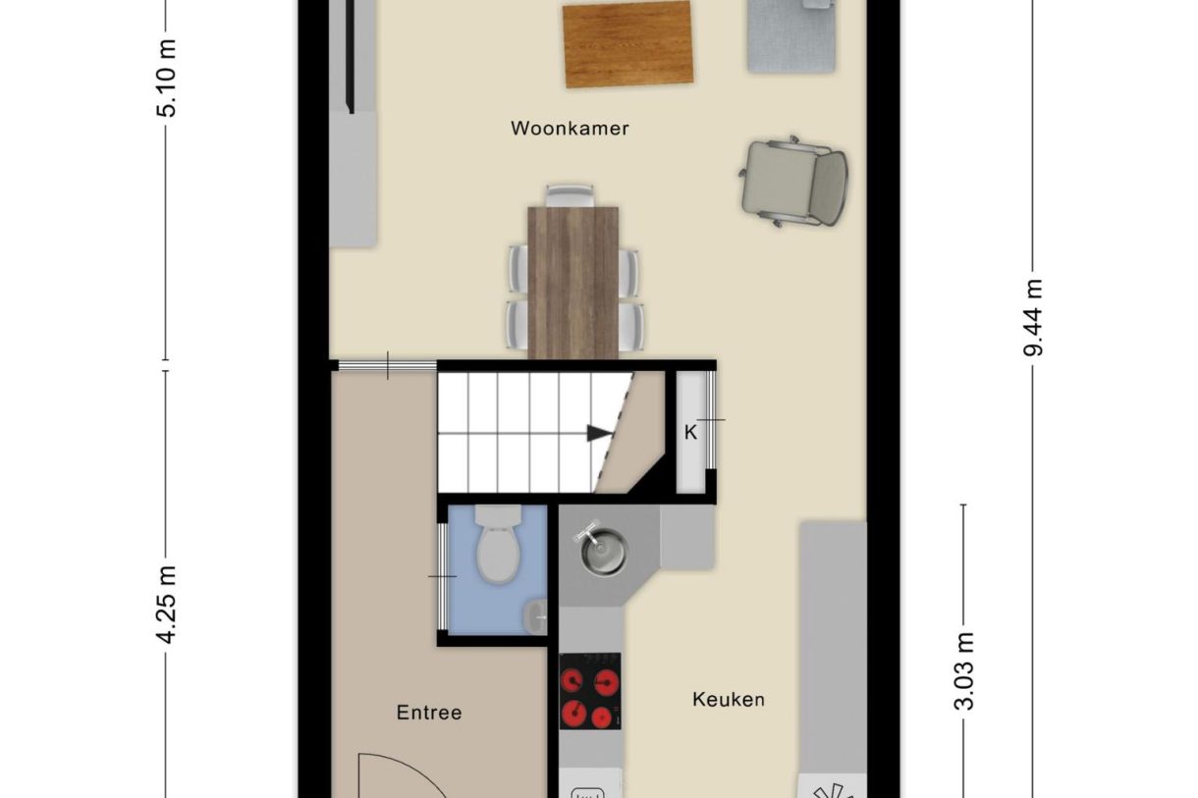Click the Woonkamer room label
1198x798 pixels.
(x=570, y=129)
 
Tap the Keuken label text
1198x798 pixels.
(x=729, y=699)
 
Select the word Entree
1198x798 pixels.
(x=429, y=713)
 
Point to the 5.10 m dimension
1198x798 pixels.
(x=167, y=79)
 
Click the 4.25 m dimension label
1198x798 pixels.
(x=167, y=605)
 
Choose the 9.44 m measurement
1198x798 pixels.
(x=1033, y=317)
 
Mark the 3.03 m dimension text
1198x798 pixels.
(x=963, y=670)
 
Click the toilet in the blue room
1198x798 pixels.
(x=498, y=544)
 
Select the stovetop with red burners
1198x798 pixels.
(x=590, y=691)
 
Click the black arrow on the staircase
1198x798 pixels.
(x=600, y=433)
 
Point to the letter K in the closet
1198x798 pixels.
(x=690, y=432)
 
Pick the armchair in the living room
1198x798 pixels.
(x=793, y=182)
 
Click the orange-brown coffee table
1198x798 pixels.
(x=627, y=44)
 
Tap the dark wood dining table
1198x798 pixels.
(x=573, y=283)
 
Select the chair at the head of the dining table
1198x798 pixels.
(x=571, y=195)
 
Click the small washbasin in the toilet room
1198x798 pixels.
(x=535, y=616)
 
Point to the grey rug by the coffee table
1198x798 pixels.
(x=791, y=36)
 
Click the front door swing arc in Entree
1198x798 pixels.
(x=407, y=770)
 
